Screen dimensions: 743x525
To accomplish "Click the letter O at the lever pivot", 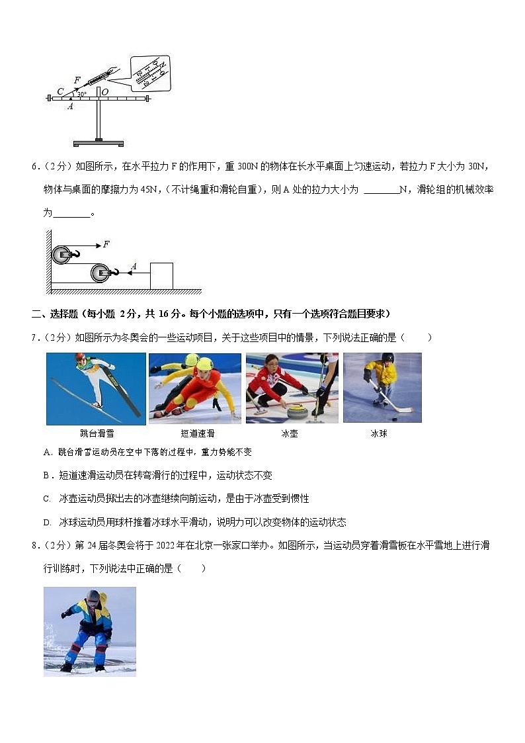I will (104, 92).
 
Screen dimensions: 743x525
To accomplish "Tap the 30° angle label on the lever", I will (82, 95).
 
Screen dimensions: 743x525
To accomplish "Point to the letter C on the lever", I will (60, 91).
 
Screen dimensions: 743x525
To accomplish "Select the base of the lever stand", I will (98, 143).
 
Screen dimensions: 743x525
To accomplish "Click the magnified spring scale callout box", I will (150, 73).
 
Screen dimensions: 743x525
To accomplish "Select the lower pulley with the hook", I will (102, 272).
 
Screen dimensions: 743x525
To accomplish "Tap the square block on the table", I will (161, 275).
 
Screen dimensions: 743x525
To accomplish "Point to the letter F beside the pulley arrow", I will (106, 244).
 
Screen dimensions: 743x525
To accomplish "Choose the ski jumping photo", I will (96, 388).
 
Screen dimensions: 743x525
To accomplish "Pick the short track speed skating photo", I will (195, 388).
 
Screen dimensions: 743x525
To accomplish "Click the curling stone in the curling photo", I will (299, 411).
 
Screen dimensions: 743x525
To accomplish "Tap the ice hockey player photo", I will (382, 388).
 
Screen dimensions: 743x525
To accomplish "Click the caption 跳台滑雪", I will (97, 434).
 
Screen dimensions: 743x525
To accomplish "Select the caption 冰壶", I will (289, 434).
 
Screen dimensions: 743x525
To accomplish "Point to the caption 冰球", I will (378, 434).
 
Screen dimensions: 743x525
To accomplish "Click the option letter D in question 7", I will (47, 522).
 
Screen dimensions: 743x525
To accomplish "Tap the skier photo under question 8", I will (90, 631).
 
